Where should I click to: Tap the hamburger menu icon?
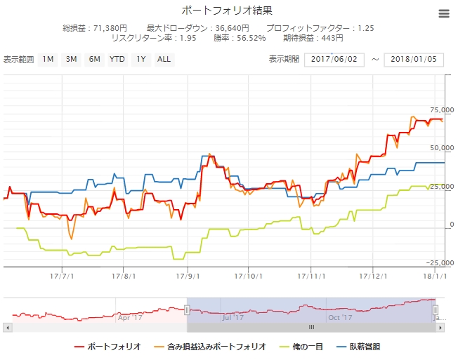tap(443, 14)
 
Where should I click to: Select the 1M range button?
tap(48, 60)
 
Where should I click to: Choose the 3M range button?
tap(71, 60)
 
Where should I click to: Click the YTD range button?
tap(117, 60)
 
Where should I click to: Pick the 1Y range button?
tap(141, 60)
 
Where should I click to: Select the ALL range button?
tap(164, 60)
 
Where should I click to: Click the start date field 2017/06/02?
tap(334, 60)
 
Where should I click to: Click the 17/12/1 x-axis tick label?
tap(372, 276)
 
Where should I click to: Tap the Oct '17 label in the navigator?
tap(340, 317)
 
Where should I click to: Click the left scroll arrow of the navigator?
tap(7, 327)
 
